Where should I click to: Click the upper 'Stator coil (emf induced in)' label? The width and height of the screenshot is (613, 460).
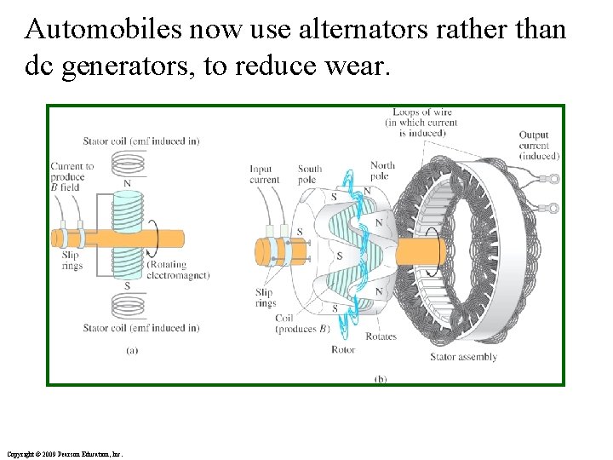(141, 141)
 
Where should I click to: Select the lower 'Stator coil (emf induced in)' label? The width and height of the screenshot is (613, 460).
(141, 328)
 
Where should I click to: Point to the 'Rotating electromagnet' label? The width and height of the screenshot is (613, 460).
(178, 270)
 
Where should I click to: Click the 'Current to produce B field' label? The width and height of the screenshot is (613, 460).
(72, 176)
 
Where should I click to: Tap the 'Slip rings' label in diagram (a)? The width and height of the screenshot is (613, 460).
(72, 262)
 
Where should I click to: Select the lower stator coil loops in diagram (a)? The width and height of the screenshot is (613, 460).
(128, 304)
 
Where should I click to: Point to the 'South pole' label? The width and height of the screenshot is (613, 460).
(308, 174)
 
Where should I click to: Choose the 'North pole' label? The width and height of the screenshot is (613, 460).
(382, 170)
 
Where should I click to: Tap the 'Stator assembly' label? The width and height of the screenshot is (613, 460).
(463, 357)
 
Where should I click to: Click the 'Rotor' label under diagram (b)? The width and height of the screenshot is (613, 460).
(342, 349)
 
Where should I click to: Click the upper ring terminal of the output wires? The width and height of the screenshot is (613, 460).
(553, 179)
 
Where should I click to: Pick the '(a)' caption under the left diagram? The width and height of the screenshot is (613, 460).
(131, 349)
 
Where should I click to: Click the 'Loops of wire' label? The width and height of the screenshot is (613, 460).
(421, 122)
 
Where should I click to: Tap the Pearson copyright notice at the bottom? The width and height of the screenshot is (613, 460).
(64, 454)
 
